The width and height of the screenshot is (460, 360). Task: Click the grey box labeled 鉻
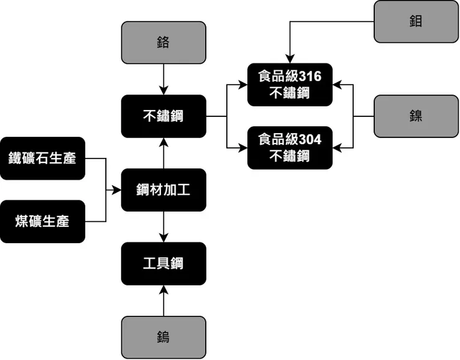pos(163,43)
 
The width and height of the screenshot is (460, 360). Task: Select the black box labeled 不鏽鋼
pos(163,116)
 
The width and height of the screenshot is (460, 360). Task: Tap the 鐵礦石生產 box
pos(42,159)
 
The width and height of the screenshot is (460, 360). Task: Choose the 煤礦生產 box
pos(42,221)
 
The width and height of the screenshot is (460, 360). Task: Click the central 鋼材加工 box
pos(163,190)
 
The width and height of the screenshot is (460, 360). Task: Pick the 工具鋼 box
pos(163,264)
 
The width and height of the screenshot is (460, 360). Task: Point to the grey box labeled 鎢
pos(163,338)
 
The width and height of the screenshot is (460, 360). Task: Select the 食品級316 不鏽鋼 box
pos(290,85)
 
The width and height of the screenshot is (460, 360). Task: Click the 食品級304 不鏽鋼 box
pos(290,147)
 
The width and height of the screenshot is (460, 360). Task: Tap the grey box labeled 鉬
pos(416,21)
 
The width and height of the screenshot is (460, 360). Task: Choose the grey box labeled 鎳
pos(416,116)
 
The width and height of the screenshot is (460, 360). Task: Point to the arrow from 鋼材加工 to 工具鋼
pos(163,227)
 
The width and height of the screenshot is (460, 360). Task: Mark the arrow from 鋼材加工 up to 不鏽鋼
pos(163,153)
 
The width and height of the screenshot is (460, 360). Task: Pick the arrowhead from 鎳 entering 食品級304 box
pos(338,147)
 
